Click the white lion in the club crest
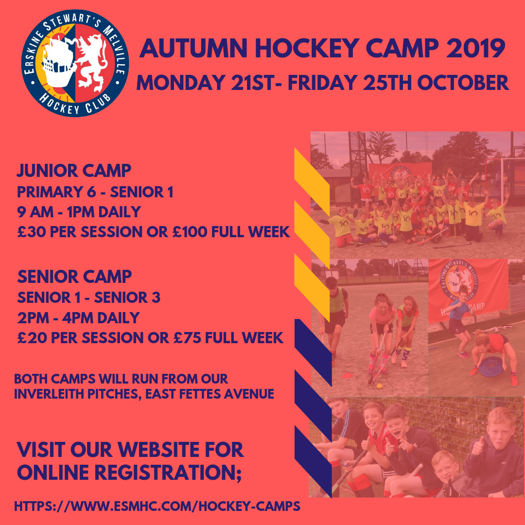[x=93, y=60]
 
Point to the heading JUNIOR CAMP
[x=74, y=171]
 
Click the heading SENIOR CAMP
[x=74, y=277]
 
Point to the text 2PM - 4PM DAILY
[x=78, y=317]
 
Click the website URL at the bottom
[x=157, y=507]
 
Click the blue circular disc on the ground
[x=492, y=366]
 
